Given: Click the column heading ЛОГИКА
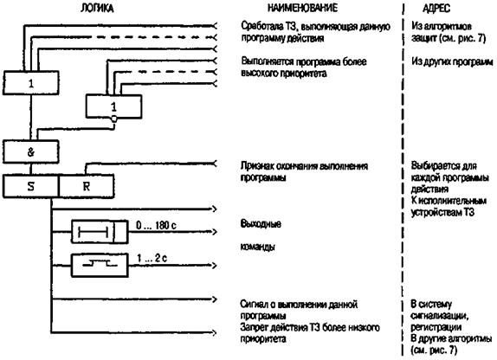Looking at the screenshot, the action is (97, 8).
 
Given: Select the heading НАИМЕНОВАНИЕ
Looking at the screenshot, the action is (303, 8).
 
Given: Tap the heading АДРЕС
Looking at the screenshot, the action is (436, 9).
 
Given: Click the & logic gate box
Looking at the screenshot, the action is (31, 152).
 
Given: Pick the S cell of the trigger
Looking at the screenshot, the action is (31, 186).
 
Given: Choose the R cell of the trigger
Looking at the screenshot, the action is (87, 186).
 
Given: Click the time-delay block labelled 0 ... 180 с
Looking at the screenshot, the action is (100, 232).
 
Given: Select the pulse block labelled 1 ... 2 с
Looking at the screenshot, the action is (100, 266).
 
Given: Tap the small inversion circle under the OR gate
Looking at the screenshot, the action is (114, 119).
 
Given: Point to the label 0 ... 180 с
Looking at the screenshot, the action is (156, 225).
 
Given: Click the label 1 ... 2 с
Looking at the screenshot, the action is (152, 258).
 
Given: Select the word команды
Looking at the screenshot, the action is (258, 247).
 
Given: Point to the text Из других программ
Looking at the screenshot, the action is (452, 61).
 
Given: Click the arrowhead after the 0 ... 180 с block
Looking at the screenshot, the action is (215, 232).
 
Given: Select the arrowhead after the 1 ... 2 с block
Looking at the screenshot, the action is (215, 266).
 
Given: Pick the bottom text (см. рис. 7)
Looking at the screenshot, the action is (435, 350).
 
